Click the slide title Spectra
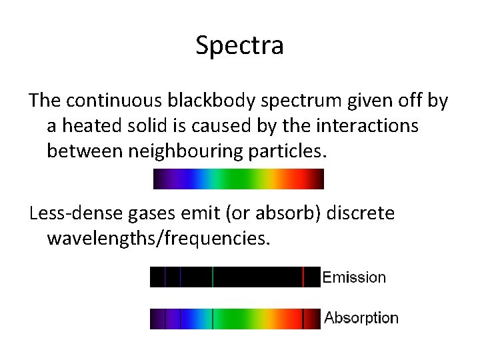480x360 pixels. click(x=240, y=45)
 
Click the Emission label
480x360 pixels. click(x=354, y=277)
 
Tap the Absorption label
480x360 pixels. click(x=361, y=319)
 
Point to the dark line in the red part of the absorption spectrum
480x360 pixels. click(x=303, y=319)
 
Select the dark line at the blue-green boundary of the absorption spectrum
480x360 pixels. click(x=213, y=319)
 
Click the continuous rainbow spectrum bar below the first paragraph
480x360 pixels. click(x=238, y=179)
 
